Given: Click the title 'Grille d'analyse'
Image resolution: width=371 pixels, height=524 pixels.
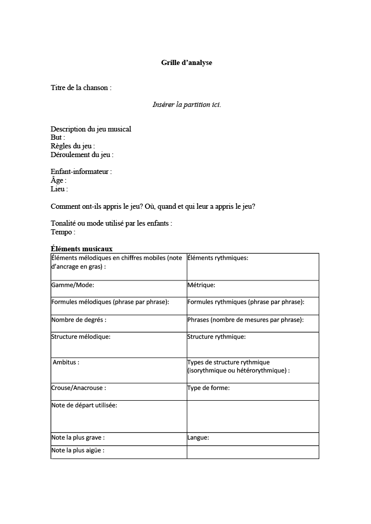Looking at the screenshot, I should (186, 63).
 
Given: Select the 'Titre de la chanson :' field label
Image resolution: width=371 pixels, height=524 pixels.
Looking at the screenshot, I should (81, 88).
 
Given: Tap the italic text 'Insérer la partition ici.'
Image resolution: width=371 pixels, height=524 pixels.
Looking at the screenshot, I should (187, 104).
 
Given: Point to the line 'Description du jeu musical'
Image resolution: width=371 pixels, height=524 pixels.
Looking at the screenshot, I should (91, 129).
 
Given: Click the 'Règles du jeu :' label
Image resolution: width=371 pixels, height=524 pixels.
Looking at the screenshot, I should (73, 146).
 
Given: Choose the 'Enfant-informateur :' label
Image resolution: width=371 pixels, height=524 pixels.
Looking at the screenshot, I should (81, 171).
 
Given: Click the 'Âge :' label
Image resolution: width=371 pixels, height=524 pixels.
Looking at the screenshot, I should (58, 180).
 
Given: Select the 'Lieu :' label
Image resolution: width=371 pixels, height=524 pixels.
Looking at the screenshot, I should (59, 189).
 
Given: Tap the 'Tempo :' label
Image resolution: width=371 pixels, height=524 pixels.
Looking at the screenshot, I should (63, 232).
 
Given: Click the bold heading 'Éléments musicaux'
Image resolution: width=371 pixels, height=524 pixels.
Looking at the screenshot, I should (81, 249).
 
